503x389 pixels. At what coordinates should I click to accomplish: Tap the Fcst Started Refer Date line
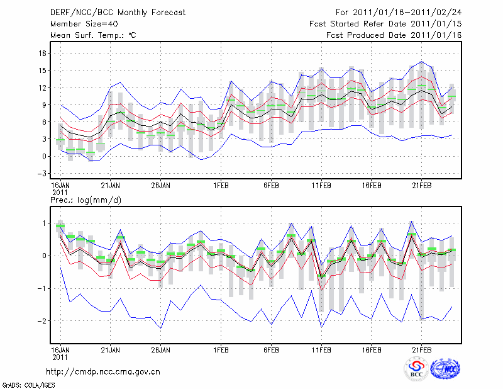(x=385, y=24)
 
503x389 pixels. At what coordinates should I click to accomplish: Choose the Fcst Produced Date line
(x=394, y=35)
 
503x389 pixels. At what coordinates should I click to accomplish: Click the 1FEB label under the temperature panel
(x=221, y=186)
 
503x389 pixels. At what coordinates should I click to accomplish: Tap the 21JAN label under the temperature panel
(x=111, y=186)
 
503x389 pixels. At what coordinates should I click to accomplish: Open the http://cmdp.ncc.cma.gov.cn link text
(x=103, y=371)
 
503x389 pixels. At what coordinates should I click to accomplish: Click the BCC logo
(x=416, y=369)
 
